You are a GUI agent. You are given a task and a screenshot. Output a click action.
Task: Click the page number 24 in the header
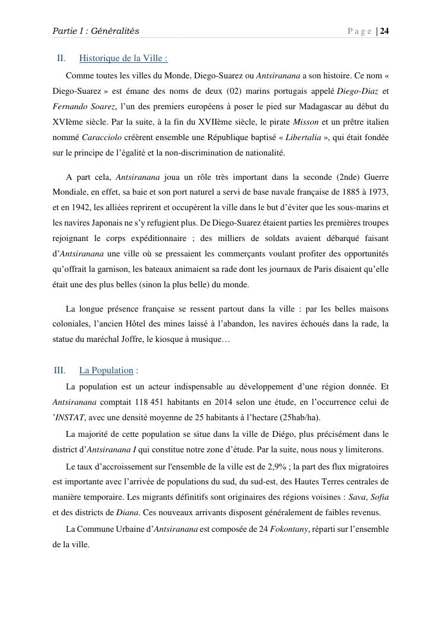tap(384, 31)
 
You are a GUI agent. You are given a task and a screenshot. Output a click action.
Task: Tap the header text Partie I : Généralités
tap(96, 31)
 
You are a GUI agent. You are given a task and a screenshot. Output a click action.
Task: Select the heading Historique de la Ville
tap(123, 58)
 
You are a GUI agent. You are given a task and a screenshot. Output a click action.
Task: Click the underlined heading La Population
tap(106, 370)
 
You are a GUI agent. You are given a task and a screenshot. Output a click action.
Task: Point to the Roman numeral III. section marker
tap(59, 370)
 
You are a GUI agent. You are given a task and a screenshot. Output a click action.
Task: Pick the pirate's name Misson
tap(306, 122)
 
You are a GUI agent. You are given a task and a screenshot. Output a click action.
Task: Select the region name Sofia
tap(380, 497)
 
